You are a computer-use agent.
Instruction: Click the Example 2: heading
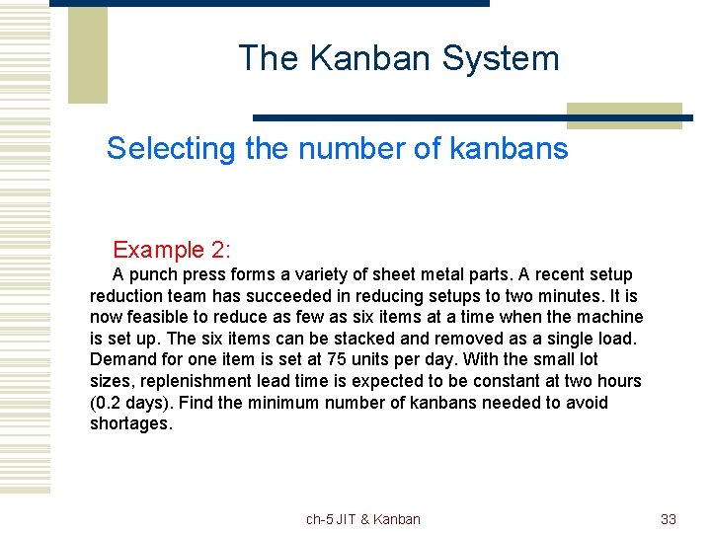(x=172, y=250)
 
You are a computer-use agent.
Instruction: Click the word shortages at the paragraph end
(x=130, y=423)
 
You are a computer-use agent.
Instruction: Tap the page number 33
(x=669, y=519)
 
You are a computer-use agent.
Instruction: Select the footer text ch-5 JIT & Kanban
(x=362, y=519)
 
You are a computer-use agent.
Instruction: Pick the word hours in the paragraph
(x=619, y=381)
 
